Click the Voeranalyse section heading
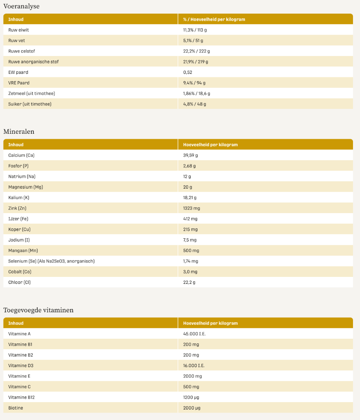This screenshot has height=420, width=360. [21, 6]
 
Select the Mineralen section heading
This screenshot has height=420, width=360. [19, 131]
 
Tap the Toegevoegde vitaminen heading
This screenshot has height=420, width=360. [38, 310]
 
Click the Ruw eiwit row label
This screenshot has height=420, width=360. [19, 30]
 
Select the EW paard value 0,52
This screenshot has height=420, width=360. [187, 72]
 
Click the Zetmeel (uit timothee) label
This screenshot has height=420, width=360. [31, 93]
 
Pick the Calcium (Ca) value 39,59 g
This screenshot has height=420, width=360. [190, 155]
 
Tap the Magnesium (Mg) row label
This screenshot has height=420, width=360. [26, 187]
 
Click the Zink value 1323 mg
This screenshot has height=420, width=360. [192, 208]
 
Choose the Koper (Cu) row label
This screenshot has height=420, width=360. [19, 229]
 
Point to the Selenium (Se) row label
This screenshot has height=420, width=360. [51, 261]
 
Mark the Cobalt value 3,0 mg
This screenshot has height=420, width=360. [190, 272]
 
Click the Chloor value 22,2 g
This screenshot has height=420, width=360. [189, 282]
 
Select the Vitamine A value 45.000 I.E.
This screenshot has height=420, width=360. [194, 334]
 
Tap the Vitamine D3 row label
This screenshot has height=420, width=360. [21, 366]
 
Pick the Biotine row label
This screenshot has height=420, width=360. [16, 408]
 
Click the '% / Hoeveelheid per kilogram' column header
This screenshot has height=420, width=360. [214, 19]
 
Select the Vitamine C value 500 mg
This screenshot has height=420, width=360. [191, 387]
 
